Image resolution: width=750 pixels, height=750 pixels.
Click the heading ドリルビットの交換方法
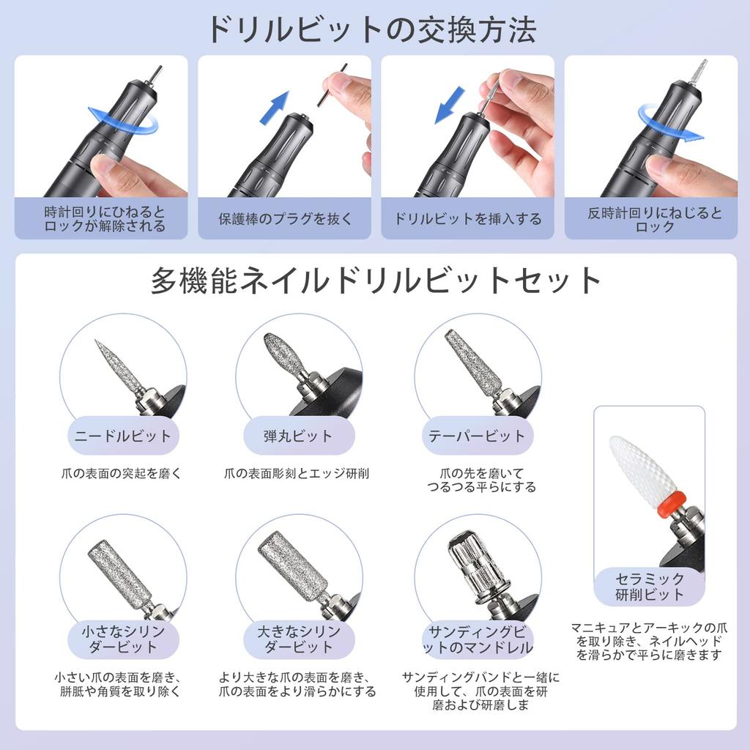pyautogui.click(x=371, y=29)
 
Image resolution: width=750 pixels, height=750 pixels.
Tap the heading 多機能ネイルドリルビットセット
pyautogui.click(x=376, y=281)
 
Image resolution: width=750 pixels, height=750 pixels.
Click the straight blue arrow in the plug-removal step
pyautogui.click(x=275, y=108)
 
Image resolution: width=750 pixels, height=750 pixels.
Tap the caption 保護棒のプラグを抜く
pyautogui.click(x=285, y=219)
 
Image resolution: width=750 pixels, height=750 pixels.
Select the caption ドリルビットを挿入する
pyautogui.click(x=468, y=219)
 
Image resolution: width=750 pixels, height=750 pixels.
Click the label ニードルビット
pyautogui.click(x=123, y=436)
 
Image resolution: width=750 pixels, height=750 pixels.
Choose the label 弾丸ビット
pyautogui.click(x=298, y=436)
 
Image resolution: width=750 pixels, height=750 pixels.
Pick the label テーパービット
pyautogui.click(x=477, y=436)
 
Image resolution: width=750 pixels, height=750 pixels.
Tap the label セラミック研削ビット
pyautogui.click(x=650, y=587)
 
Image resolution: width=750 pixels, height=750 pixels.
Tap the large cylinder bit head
pyautogui.click(x=293, y=565)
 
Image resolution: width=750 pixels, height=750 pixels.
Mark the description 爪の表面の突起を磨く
pyautogui.click(x=122, y=474)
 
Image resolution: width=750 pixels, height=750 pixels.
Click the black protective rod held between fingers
pyautogui.click(x=332, y=85)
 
